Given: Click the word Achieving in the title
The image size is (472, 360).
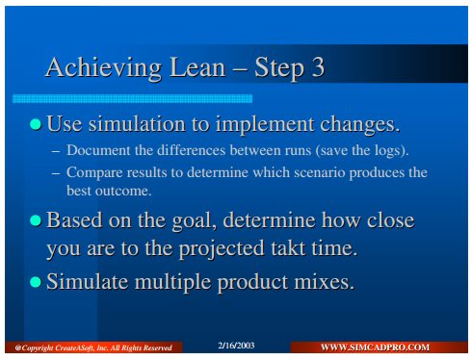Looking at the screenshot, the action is [104, 68].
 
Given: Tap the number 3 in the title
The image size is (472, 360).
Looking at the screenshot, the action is [317, 67].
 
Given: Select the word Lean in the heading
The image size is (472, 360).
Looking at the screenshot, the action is [197, 67].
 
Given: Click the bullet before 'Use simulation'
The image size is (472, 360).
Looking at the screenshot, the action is [36, 124].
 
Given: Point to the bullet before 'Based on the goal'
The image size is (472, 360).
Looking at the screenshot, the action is [36, 220].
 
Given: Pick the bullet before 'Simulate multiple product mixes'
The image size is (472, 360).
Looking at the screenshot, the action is [36, 282].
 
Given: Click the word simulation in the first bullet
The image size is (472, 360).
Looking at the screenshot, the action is [137, 124].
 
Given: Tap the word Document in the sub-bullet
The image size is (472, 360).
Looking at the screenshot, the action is [98, 150].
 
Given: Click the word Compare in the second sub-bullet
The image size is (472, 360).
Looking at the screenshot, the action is [94, 173].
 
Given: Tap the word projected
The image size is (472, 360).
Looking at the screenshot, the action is [222, 249].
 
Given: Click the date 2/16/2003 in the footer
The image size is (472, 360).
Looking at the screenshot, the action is [236, 346].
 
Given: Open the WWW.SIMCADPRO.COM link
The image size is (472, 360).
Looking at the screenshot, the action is [375, 347].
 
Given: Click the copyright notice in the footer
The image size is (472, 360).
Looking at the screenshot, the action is [93, 347].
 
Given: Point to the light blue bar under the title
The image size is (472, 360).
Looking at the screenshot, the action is [132, 98].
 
